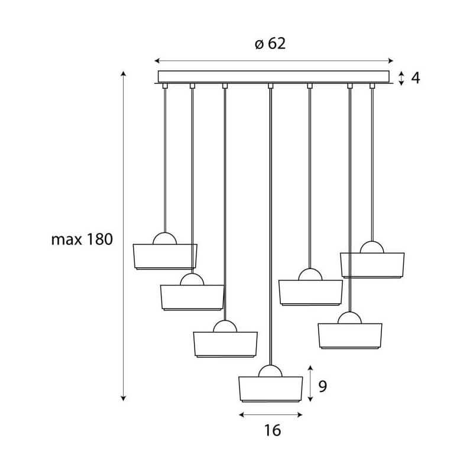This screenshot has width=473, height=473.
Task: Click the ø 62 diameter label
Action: point(271,44)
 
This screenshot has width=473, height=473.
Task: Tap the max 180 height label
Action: point(82,239)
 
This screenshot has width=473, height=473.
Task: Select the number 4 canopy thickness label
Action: point(416,77)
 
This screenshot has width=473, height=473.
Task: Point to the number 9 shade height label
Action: point(323,386)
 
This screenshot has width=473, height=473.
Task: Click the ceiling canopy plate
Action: point(274,77)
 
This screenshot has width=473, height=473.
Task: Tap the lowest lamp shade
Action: point(270,388)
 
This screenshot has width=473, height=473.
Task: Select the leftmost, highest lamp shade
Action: point(165,256)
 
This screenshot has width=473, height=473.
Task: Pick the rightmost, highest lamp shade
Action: point(372,264)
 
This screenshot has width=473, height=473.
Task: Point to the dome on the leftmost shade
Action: point(165,238)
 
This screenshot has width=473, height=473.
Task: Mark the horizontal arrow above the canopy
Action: point(273,60)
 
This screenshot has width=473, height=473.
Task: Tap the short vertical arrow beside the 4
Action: point(401,78)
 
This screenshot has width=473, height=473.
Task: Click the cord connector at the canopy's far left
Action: point(165,86)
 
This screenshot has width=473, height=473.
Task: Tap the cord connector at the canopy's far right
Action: point(372,86)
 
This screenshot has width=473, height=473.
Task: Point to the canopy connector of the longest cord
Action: point(270,86)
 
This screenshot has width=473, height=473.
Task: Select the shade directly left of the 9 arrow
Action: point(270,388)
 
